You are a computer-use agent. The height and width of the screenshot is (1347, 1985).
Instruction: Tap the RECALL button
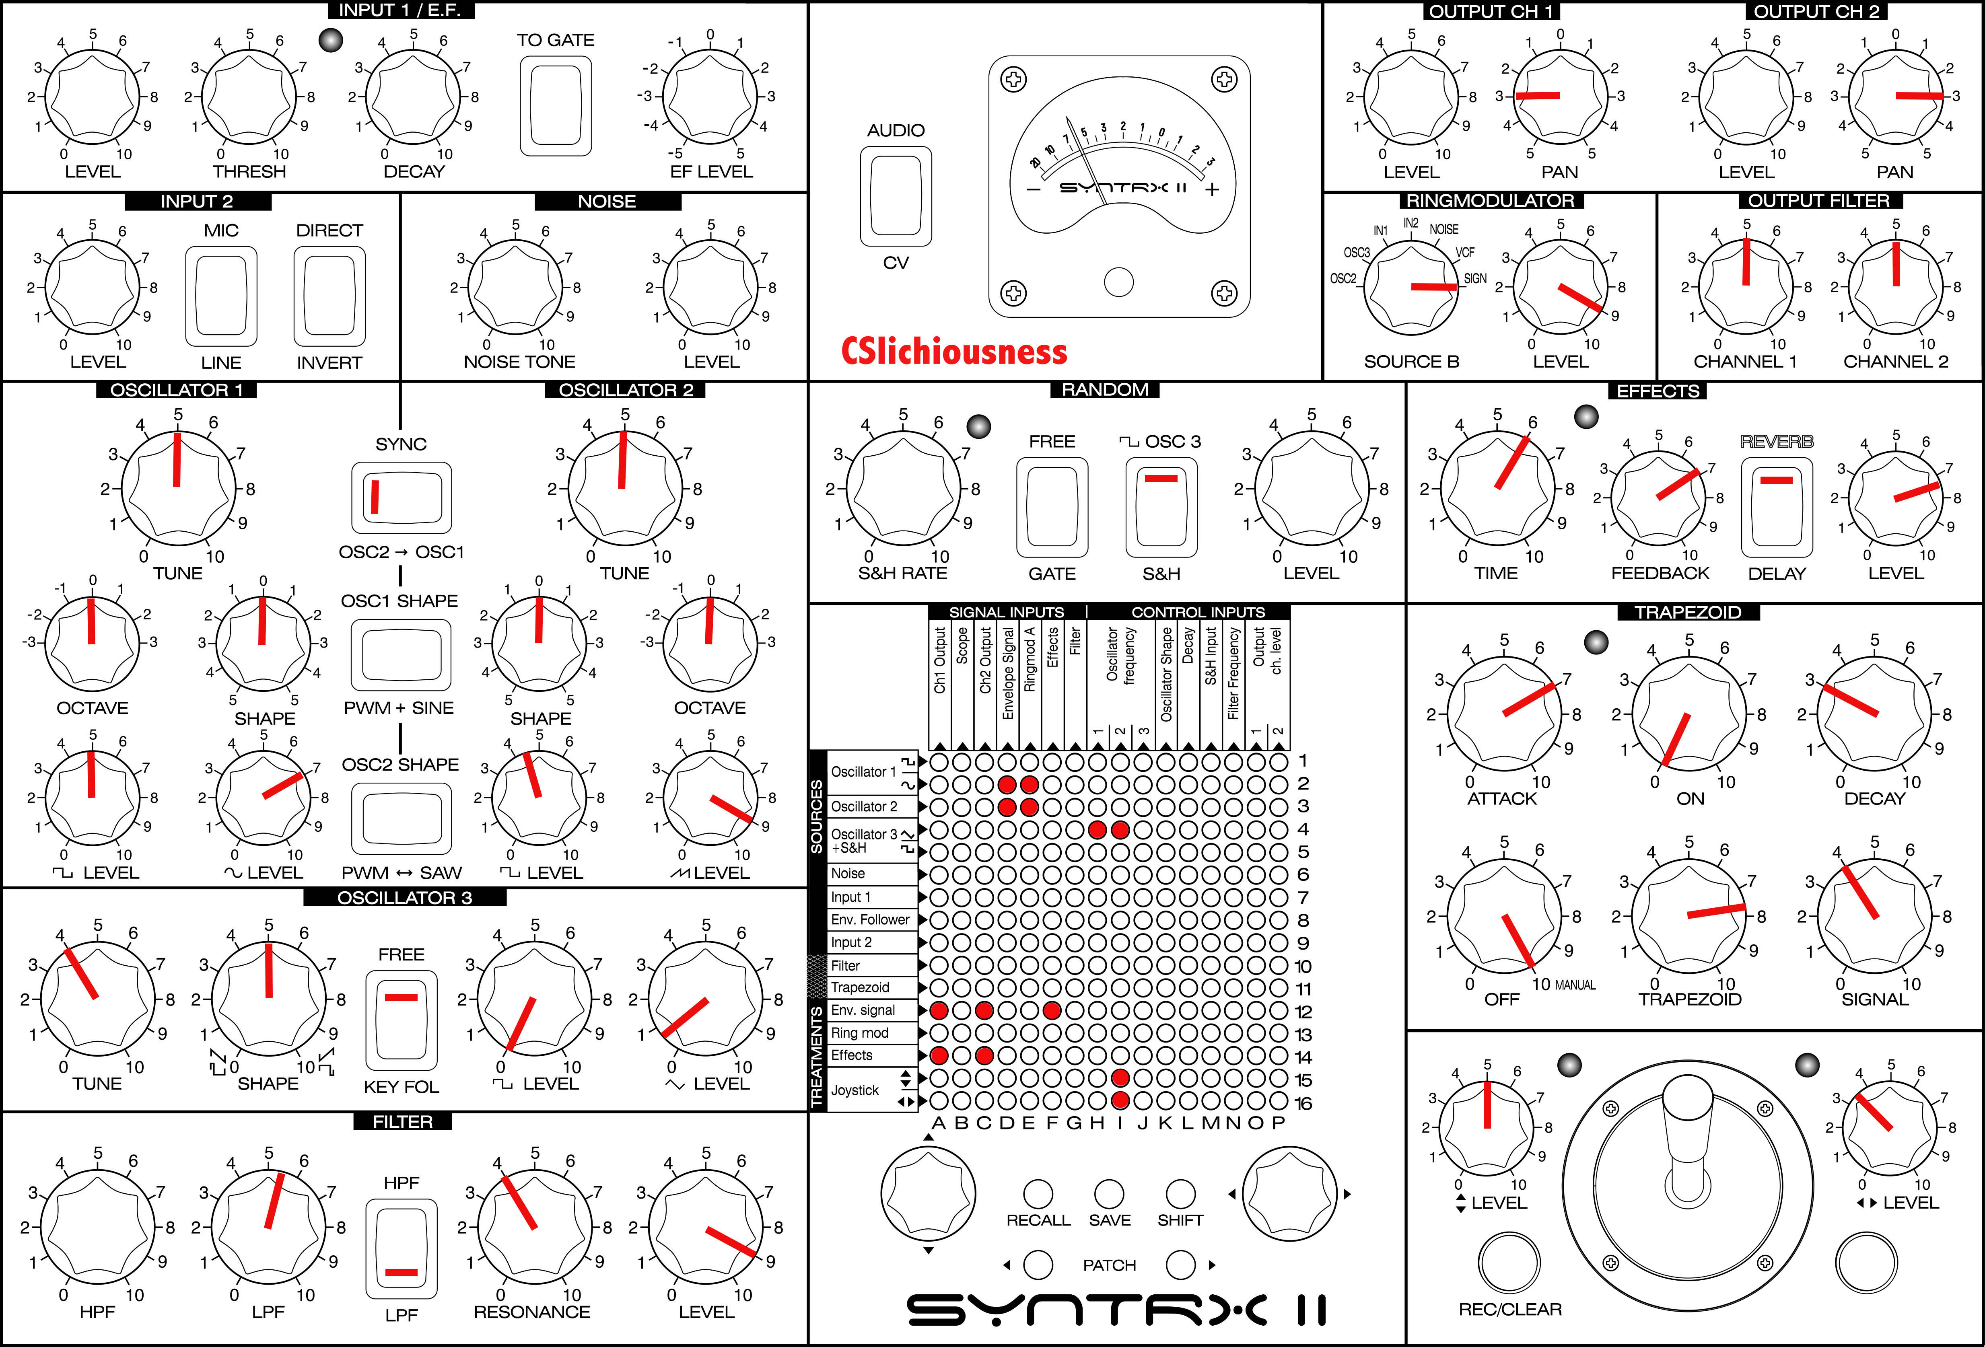tap(1038, 1193)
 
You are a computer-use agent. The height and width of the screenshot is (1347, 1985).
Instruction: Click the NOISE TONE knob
tap(516, 287)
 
